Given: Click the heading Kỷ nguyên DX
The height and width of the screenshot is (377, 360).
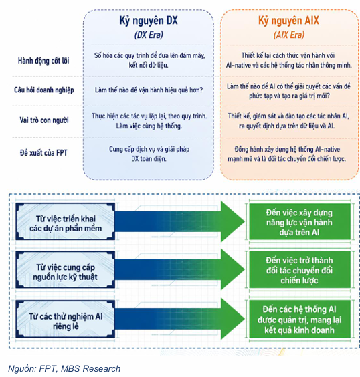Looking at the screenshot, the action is tap(149, 21).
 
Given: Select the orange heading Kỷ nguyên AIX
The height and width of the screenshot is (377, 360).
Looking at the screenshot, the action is tap(288, 21).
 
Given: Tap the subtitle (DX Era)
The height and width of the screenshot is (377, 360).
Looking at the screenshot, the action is tap(149, 35).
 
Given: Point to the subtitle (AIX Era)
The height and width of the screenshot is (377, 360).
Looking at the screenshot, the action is tap(289, 35).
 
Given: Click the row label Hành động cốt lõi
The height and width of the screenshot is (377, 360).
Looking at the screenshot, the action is tap(43, 61).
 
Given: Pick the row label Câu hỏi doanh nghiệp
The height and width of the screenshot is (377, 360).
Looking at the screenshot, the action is tap(43, 90).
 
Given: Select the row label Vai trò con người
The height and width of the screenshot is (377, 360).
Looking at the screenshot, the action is tap(44, 120).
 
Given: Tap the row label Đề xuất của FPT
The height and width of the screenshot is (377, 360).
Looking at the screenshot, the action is tap(43, 153).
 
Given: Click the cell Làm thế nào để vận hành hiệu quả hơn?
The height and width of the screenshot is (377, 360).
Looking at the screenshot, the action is tap(149, 90).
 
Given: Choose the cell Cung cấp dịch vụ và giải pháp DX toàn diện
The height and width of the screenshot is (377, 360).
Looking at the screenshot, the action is tap(149, 154).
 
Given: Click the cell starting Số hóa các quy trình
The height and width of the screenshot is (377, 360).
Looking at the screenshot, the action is tap(149, 60).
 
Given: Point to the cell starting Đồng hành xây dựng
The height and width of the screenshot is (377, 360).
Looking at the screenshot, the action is tap(287, 154).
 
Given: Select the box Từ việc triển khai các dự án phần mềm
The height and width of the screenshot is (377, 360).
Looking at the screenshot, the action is tap(66, 221).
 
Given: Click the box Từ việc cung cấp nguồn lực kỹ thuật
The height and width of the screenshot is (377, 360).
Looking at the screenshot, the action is tap(66, 270).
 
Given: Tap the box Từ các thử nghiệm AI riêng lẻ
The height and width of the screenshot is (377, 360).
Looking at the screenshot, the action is tap(66, 319).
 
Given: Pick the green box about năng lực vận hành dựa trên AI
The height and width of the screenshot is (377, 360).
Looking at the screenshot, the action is tap(300, 222).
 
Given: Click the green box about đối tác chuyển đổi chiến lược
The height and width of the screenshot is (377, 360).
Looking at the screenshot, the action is tap(300, 270).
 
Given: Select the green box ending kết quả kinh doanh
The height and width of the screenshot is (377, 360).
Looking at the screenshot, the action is tap(300, 319).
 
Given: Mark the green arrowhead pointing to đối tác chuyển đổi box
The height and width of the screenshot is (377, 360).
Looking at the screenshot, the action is tap(231, 269).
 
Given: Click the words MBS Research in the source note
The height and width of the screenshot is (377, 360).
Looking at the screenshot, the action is tap(91, 368).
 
